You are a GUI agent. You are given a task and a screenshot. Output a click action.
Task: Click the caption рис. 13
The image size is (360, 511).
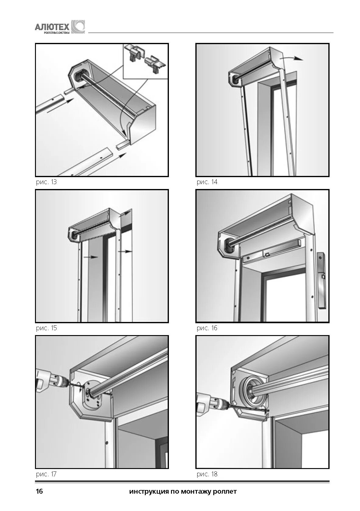click(x=46, y=182)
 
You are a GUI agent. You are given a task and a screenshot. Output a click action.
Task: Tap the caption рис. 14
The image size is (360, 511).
click(x=207, y=182)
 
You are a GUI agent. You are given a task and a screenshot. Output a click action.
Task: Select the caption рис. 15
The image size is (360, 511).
click(x=46, y=328)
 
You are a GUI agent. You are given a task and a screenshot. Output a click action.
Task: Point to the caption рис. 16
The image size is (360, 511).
click(x=207, y=328)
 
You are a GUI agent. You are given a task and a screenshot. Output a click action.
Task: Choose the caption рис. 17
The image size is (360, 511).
click(x=46, y=474)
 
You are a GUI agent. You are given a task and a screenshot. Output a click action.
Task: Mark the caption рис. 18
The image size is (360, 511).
click(x=207, y=474)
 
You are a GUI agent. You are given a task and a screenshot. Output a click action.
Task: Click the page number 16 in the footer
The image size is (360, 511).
click(x=40, y=492)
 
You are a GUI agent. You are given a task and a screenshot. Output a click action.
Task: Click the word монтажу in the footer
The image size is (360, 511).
click(x=197, y=492)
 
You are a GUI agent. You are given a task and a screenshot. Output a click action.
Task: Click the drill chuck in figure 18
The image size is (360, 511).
click(x=220, y=404)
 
